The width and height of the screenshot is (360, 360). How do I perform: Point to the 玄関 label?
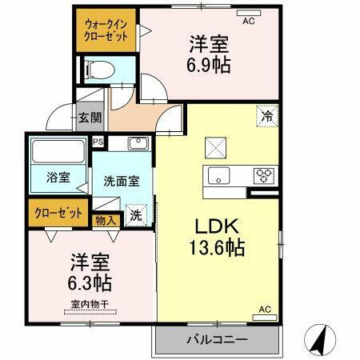[x=89, y=118]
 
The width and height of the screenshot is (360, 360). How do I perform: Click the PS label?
[x=98, y=142]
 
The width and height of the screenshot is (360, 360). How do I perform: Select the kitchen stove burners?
[x=265, y=174]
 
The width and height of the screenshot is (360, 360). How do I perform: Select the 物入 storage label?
[x=106, y=218]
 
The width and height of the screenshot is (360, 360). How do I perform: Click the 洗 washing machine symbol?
[x=137, y=214]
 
